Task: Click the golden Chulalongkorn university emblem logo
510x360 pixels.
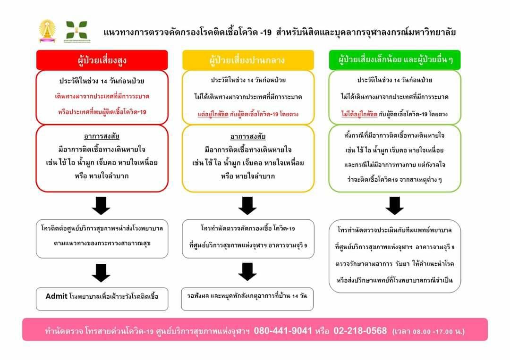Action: click(x=47, y=31)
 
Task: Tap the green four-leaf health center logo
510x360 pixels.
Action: click(x=77, y=31)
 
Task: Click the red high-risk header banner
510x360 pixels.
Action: click(x=102, y=60)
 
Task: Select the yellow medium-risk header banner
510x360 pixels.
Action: click(x=248, y=60)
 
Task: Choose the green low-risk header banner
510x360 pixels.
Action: click(x=395, y=60)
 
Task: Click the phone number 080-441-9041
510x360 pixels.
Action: click(x=283, y=331)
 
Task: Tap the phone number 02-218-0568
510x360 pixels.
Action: click(x=360, y=331)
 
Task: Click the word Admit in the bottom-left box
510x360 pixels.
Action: click(x=56, y=296)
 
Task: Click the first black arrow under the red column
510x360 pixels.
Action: click(x=101, y=206)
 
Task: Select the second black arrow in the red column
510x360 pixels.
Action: click(x=101, y=273)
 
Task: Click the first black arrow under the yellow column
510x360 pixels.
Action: click(x=247, y=206)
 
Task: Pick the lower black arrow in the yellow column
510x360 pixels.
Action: click(x=247, y=272)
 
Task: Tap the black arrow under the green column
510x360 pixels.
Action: click(x=394, y=206)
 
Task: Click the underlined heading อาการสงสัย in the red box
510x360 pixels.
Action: click(x=102, y=136)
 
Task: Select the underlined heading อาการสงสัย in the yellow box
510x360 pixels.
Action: click(x=248, y=136)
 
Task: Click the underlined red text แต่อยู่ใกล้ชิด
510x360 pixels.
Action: click(x=213, y=114)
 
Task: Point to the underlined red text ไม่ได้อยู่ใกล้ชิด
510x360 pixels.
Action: click(x=359, y=114)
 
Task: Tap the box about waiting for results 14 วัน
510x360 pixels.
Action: click(x=247, y=299)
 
